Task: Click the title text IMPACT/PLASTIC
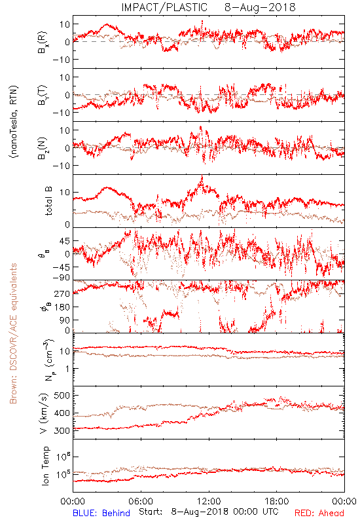click(164, 7)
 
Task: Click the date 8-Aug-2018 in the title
click(260, 7)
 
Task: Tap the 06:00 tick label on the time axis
click(141, 501)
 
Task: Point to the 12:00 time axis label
click(209, 501)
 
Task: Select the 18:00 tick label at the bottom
click(277, 501)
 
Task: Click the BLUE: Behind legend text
click(101, 513)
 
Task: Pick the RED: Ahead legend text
click(319, 513)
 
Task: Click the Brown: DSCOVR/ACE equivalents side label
click(13, 333)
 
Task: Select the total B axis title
click(48, 201)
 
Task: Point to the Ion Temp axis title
click(45, 466)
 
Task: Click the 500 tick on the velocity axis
click(62, 396)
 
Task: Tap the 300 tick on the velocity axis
click(62, 430)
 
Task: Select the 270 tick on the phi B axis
click(62, 293)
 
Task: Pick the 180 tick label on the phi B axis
click(62, 307)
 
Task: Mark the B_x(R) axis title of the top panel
click(43, 42)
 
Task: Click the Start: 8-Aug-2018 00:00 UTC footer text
click(209, 512)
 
